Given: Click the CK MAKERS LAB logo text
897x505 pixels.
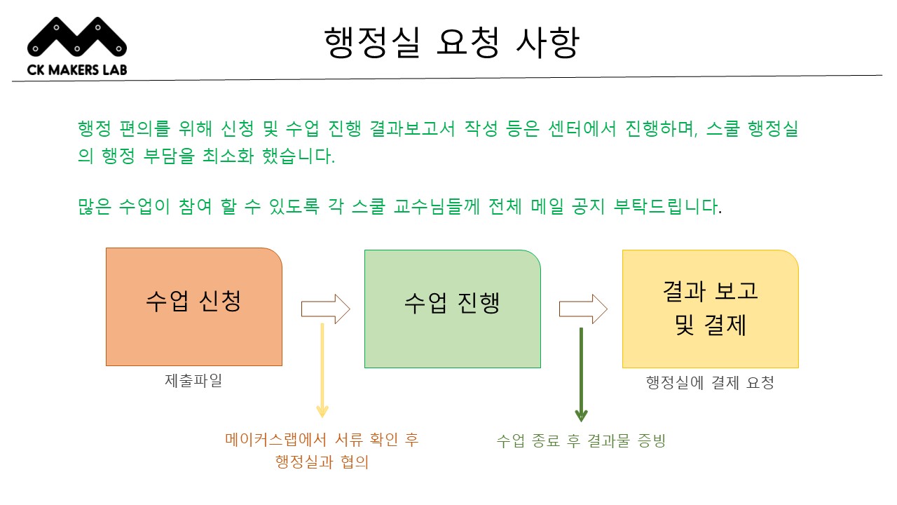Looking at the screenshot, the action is pyautogui.click(x=77, y=69).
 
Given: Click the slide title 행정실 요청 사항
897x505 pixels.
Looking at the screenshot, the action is pyautogui.click(x=452, y=42).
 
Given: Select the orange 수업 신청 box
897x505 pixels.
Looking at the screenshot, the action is pyautogui.click(x=194, y=307).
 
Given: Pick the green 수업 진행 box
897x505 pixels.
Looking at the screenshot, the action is pyautogui.click(x=453, y=309).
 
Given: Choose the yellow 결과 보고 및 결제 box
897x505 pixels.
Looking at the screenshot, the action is pyautogui.click(x=711, y=309).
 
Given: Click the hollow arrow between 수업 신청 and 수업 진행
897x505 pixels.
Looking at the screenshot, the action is pyautogui.click(x=326, y=309).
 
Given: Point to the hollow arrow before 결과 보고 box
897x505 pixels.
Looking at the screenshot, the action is pyautogui.click(x=584, y=309).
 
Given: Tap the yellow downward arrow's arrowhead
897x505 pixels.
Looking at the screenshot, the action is pyautogui.click(x=322, y=412).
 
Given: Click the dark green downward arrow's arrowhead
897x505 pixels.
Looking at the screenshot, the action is pyautogui.click(x=581, y=416).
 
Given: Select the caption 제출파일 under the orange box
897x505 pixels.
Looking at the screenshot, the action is pyautogui.click(x=193, y=380).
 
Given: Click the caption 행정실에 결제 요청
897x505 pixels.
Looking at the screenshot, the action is pyautogui.click(x=710, y=382).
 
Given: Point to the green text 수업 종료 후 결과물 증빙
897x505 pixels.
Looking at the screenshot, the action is pyautogui.click(x=581, y=441).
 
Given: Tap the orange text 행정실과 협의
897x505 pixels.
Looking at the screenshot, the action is pyautogui.click(x=322, y=462).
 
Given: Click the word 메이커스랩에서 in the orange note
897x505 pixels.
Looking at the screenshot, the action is pyautogui.click(x=276, y=440).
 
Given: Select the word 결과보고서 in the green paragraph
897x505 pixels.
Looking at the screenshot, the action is pyautogui.click(x=412, y=128).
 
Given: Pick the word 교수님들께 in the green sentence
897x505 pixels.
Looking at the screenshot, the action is pyautogui.click(x=437, y=206).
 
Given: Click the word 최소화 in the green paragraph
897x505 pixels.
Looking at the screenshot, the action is pyautogui.click(x=228, y=156).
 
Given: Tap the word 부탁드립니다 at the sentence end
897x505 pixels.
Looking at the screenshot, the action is pyautogui.click(x=668, y=206).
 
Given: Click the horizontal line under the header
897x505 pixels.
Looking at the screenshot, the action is pyautogui.click(x=447, y=78).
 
